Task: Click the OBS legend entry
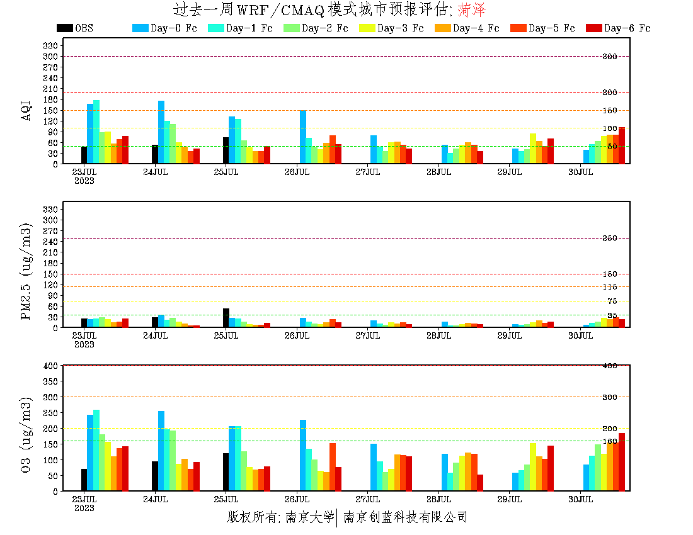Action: [x=74, y=28]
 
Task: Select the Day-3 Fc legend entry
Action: [x=391, y=28]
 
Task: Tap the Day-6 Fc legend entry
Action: [x=617, y=28]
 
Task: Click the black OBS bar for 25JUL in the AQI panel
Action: [x=226, y=150]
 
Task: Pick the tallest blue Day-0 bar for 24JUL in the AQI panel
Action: [x=161, y=132]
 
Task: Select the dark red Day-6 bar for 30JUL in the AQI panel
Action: [x=622, y=145]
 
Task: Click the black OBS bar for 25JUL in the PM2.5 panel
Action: [x=226, y=318]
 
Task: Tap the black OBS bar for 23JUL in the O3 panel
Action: [x=84, y=480]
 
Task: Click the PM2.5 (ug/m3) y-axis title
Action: [x=26, y=271]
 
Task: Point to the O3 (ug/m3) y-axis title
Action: [x=26, y=434]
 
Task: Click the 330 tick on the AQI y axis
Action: [x=50, y=45]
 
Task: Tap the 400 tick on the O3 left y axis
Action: [x=50, y=366]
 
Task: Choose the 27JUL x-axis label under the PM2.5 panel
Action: [x=368, y=336]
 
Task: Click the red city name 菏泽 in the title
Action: [x=472, y=10]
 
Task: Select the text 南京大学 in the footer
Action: [x=309, y=517]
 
